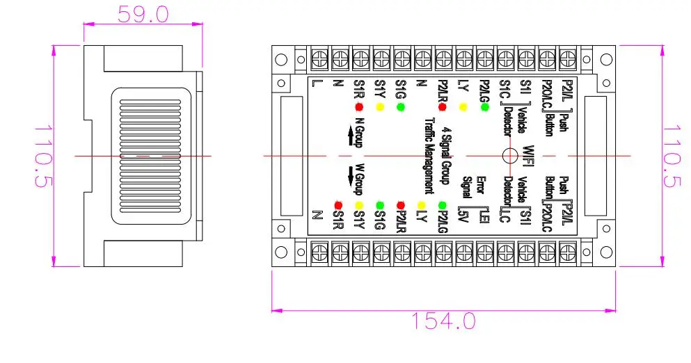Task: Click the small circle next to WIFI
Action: tap(509, 155)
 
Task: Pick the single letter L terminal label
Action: tap(317, 85)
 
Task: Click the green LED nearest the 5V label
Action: tap(443, 205)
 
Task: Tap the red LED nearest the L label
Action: tap(359, 107)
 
